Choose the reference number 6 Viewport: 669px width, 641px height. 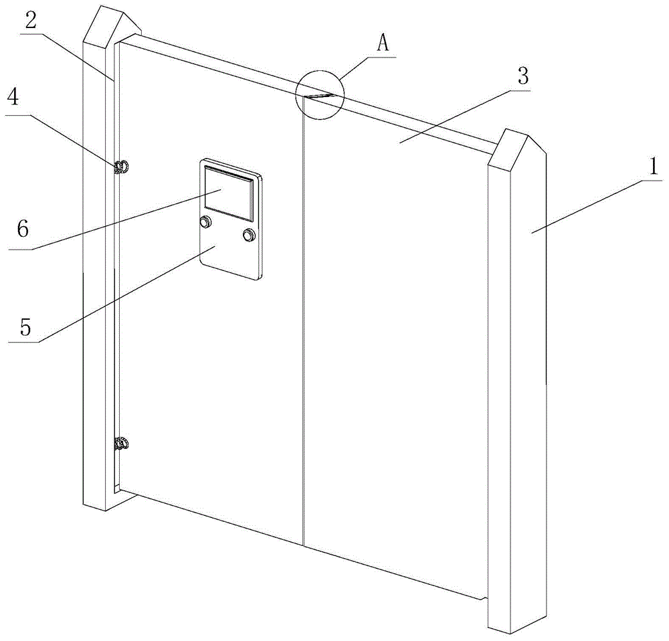[x=23, y=230]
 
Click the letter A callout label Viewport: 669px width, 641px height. [x=383, y=44]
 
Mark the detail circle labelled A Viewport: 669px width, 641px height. [x=320, y=96]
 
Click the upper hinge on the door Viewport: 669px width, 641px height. [x=122, y=167]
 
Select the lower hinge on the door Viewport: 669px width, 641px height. [x=122, y=443]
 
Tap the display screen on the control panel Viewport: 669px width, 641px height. [x=229, y=193]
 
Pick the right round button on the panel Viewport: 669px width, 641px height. [x=250, y=235]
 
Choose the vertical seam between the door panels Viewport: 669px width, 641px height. [x=304, y=335]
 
